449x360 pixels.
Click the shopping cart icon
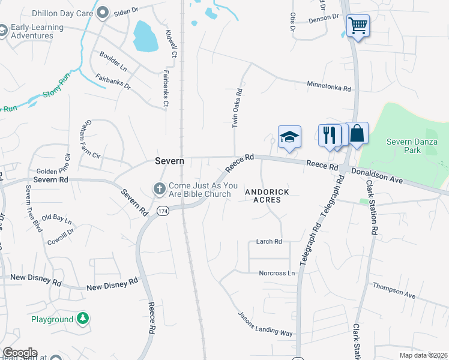click(x=358, y=26)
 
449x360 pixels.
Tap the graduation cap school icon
click(x=289, y=136)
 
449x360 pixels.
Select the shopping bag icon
click(x=357, y=134)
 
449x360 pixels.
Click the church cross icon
click(x=160, y=189)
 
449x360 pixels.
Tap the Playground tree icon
click(x=82, y=319)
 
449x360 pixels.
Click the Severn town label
click(x=169, y=161)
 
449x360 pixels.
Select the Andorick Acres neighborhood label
click(x=267, y=196)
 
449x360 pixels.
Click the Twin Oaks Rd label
click(x=237, y=108)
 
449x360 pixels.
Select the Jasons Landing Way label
click(x=265, y=324)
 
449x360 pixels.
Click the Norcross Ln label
click(x=277, y=273)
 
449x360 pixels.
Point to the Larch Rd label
click(x=269, y=242)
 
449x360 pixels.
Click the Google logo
click(x=19, y=353)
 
